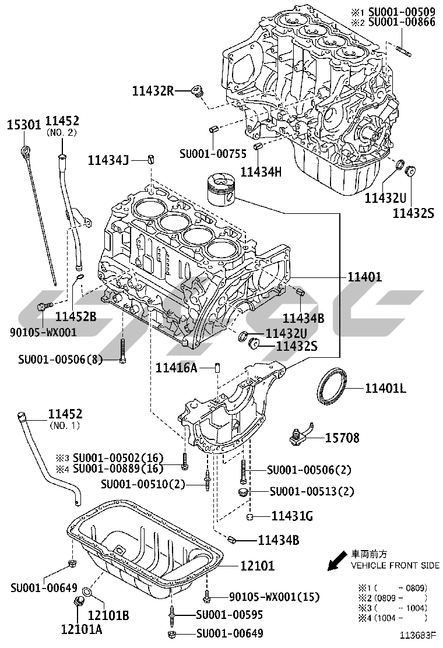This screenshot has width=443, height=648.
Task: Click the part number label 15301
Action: click(23, 125)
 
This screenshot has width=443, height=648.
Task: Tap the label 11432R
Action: click(153, 90)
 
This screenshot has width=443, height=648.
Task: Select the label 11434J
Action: click(108, 159)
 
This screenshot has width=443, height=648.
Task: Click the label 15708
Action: click(342, 437)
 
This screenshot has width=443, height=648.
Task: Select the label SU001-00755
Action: click(213, 154)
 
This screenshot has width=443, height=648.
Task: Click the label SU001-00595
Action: click(230, 614)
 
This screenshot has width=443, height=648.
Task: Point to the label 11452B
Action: click(76, 316)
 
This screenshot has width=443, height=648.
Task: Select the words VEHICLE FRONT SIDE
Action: click(395, 565)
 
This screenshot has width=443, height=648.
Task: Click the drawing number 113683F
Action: click(418, 636)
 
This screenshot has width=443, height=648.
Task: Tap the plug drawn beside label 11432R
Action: click(198, 92)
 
